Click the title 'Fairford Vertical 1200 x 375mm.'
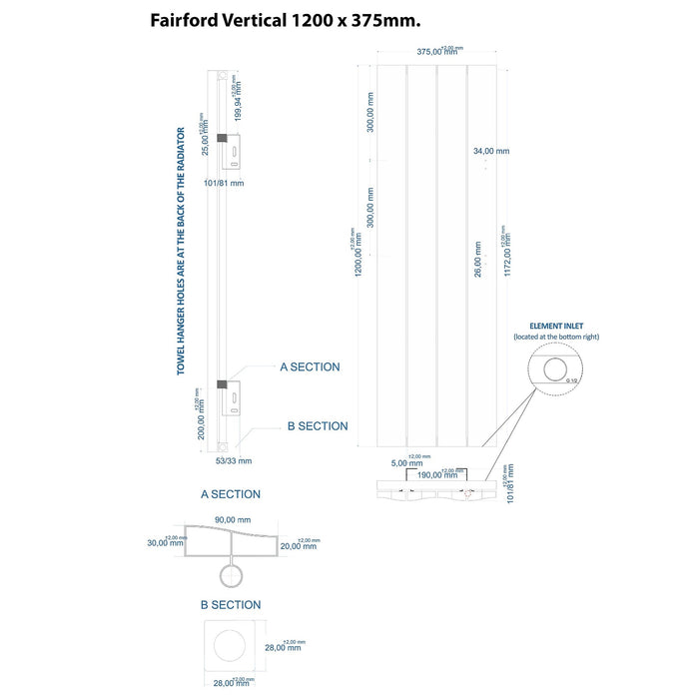click(285, 20)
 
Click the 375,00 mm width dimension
click(436, 53)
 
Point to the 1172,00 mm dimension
click(508, 256)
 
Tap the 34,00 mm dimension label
click(491, 151)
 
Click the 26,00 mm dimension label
click(478, 260)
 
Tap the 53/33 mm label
click(234, 460)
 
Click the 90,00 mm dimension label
click(233, 519)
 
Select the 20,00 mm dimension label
click(298, 545)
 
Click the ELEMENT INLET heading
click(556, 326)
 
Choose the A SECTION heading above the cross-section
click(230, 494)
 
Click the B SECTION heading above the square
click(230, 605)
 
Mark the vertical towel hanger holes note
click(181, 251)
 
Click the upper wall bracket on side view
click(233, 151)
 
